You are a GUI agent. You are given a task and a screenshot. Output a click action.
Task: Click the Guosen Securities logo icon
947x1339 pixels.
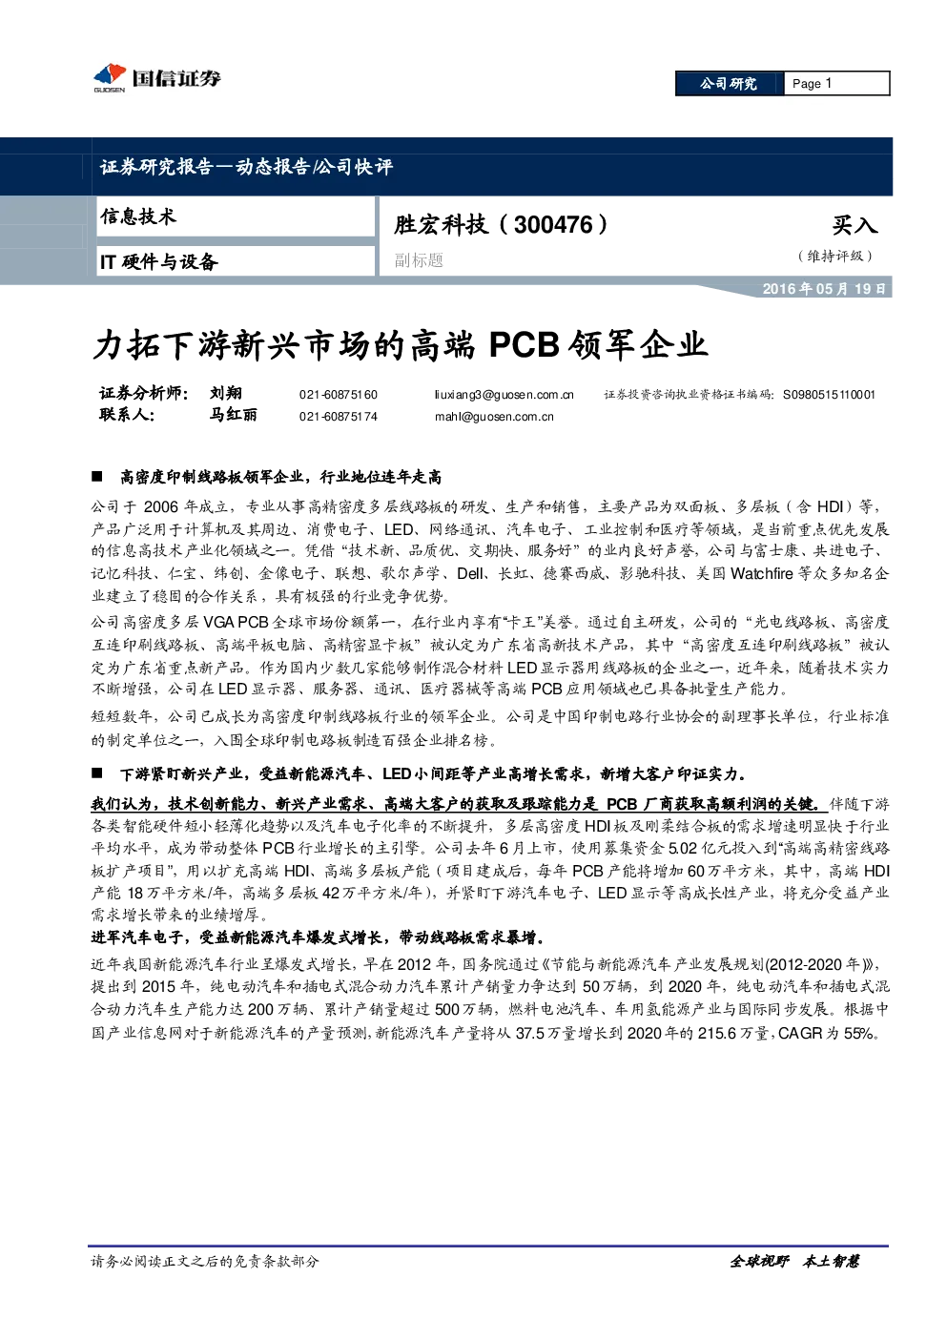pyautogui.click(x=110, y=77)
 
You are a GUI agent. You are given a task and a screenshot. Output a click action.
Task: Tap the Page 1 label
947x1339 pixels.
pyautogui.click(x=812, y=84)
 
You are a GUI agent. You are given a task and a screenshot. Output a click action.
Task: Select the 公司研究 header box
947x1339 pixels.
pyautogui.click(x=729, y=84)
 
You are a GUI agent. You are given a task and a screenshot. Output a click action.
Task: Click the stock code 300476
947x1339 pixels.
pyautogui.click(x=553, y=225)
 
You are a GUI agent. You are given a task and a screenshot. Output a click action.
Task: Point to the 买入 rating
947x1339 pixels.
pyautogui.click(x=854, y=225)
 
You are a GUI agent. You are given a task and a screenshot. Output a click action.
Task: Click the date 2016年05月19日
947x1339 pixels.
pyautogui.click(x=823, y=289)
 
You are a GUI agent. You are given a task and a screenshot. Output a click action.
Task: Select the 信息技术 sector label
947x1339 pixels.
pyautogui.click(x=138, y=216)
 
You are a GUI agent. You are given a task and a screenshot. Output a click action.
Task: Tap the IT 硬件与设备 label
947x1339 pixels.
pyautogui.click(x=158, y=261)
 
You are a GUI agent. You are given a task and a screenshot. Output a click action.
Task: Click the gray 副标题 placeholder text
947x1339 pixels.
pyautogui.click(x=419, y=260)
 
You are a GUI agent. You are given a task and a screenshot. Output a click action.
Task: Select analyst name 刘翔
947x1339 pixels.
pyautogui.click(x=225, y=393)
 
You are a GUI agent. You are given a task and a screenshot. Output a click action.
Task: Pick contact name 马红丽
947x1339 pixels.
pyautogui.click(x=233, y=415)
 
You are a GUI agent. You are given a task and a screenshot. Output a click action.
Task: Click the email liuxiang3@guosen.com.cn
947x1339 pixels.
pyautogui.click(x=504, y=395)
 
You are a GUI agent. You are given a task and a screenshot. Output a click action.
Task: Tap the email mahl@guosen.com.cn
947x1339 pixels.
pyautogui.click(x=494, y=417)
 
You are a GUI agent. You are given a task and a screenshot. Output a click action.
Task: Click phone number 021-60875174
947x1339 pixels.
pyautogui.click(x=339, y=417)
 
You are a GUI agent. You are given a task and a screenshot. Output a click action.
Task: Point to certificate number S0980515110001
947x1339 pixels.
pyautogui.click(x=829, y=395)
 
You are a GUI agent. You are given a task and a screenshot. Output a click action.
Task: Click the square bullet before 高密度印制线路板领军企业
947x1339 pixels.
pyautogui.click(x=97, y=477)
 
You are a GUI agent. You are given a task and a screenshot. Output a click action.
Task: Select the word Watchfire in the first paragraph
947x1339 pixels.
pyautogui.click(x=761, y=573)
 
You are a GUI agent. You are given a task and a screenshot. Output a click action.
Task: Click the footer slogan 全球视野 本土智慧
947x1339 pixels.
pyautogui.click(x=794, y=1262)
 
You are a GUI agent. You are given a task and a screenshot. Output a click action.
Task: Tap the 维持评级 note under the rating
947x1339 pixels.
pyautogui.click(x=835, y=256)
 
